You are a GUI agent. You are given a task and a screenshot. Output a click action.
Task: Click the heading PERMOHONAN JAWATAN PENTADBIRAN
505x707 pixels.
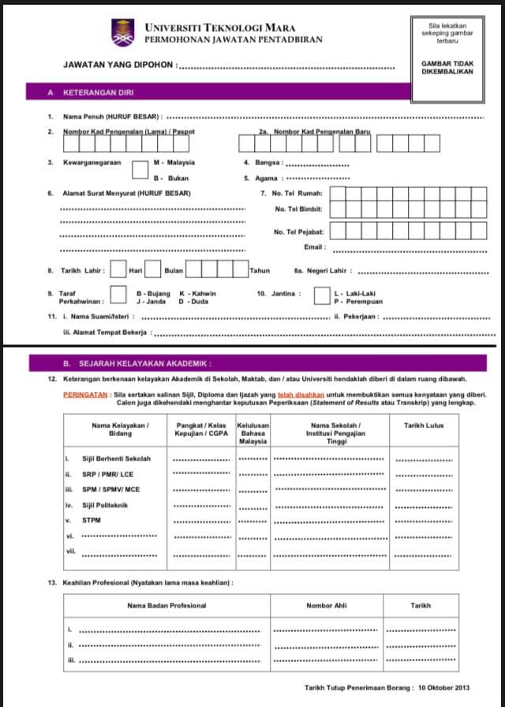(x=234, y=39)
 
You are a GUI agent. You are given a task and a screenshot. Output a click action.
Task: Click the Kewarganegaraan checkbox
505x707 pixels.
(x=140, y=170)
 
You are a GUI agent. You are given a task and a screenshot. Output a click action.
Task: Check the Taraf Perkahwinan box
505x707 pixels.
(x=118, y=295)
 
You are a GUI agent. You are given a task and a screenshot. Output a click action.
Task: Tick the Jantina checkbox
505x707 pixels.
(x=321, y=295)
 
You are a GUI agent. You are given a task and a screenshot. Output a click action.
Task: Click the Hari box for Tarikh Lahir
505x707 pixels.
(x=118, y=270)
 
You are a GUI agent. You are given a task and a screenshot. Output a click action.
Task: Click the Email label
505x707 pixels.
(x=315, y=247)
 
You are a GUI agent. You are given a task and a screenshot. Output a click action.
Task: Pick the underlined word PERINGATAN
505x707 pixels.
(x=85, y=393)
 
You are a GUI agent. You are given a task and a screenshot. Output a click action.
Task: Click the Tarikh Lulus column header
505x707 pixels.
(x=424, y=426)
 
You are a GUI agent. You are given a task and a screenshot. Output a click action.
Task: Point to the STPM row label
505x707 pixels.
(x=92, y=521)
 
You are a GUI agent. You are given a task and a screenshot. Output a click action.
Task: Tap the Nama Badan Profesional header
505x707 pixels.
(x=166, y=606)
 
